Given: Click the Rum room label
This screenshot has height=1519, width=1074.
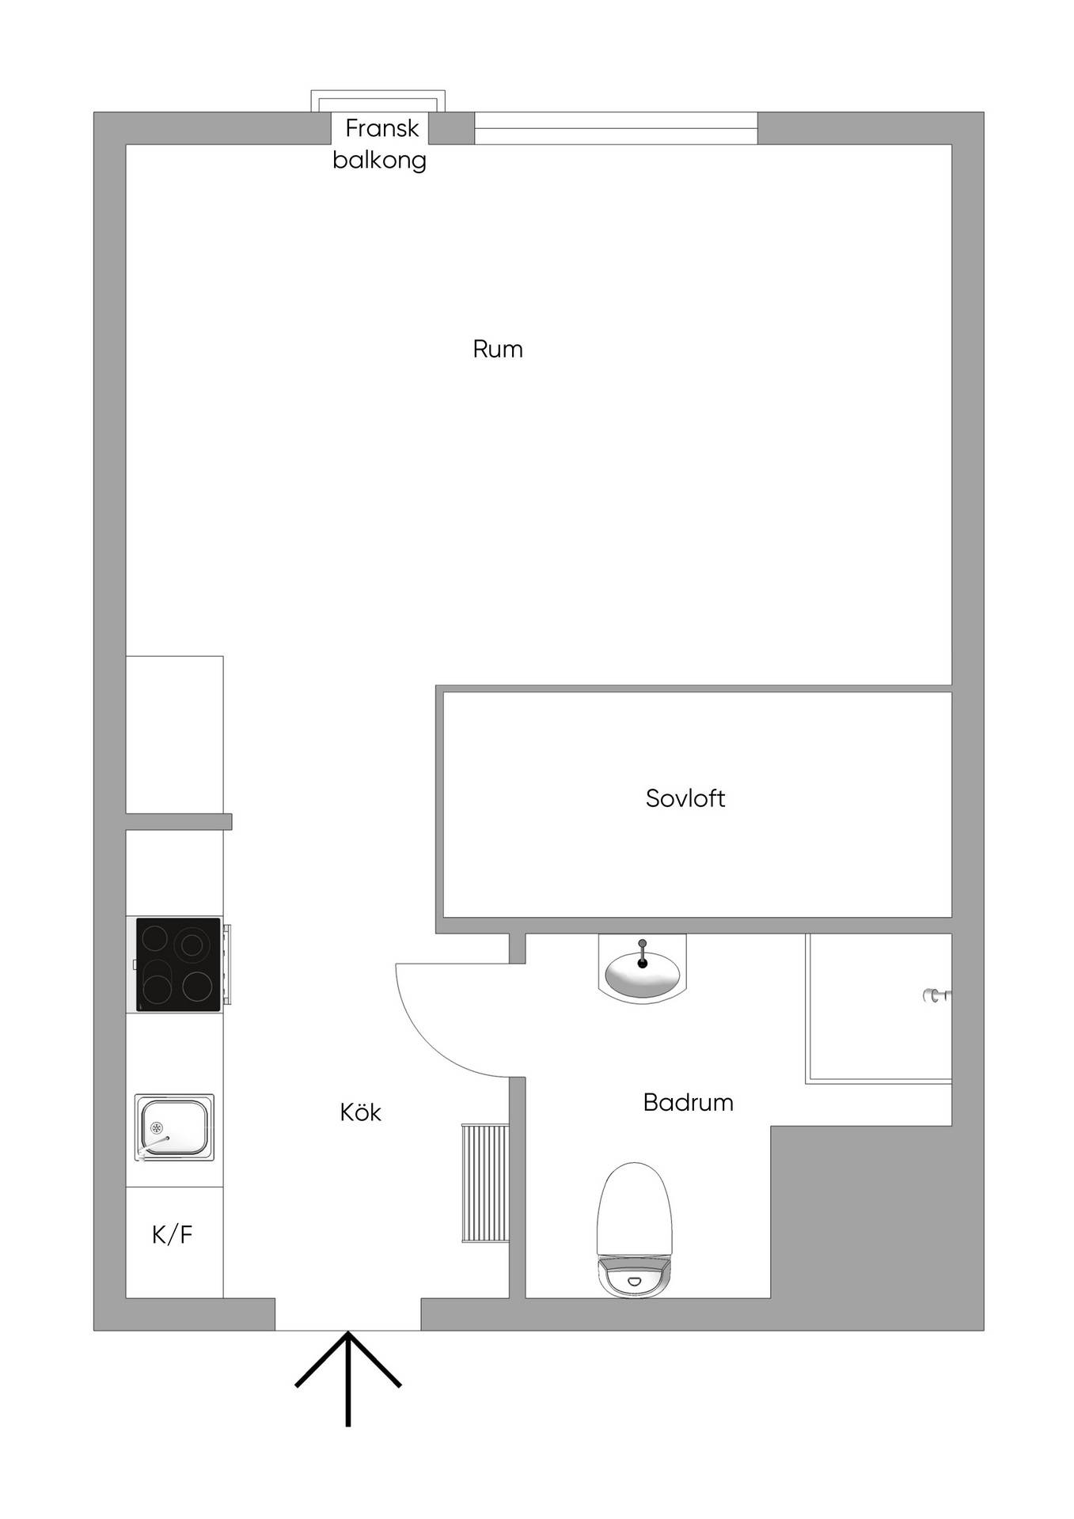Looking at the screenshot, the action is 497,349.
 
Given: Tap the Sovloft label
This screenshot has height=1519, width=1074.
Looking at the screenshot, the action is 685,797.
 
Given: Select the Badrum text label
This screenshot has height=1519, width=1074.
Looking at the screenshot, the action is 688,1102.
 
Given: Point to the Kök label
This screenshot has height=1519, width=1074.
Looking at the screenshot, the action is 360,1112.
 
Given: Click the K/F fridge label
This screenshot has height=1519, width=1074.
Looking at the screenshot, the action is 173,1234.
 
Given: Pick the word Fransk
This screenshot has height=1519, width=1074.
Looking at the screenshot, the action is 382,127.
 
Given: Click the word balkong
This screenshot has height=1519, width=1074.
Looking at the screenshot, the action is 379,161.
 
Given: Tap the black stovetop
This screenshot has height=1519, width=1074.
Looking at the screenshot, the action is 178,964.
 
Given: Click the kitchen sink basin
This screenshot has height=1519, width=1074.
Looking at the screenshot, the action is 174,1127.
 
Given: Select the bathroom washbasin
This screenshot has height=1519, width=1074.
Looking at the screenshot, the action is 642,970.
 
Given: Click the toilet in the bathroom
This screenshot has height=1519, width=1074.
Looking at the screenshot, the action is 634,1229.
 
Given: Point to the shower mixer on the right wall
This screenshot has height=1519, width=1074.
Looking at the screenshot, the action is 937,996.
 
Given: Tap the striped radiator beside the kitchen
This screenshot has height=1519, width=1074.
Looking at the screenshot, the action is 484,1182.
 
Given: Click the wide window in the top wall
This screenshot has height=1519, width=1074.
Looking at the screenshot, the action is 616,128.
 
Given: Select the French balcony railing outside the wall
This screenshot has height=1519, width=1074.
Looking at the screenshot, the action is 378,100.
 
